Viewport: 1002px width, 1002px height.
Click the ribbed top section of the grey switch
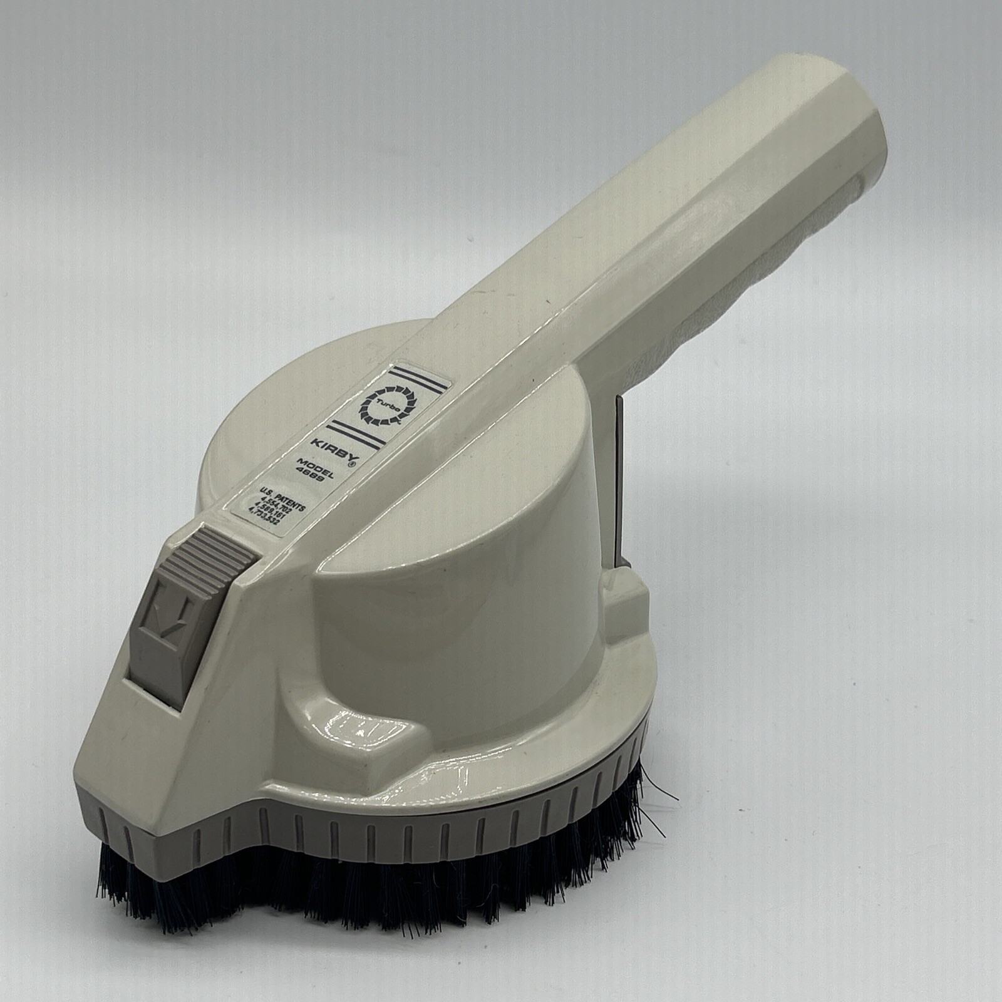coord(216,551)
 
